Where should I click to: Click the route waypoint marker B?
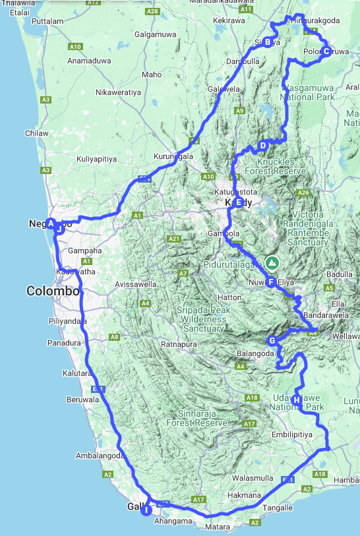[268, 42]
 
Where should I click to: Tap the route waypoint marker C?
[326, 51]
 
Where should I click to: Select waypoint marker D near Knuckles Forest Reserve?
[262, 146]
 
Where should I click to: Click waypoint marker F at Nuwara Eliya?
[270, 282]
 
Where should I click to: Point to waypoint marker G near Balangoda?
[272, 341]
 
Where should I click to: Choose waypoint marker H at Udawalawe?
[297, 400]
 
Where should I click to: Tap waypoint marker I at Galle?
[146, 509]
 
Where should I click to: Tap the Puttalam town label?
[47, 21]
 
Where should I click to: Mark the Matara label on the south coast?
[218, 527]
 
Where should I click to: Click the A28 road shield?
[153, 12]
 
